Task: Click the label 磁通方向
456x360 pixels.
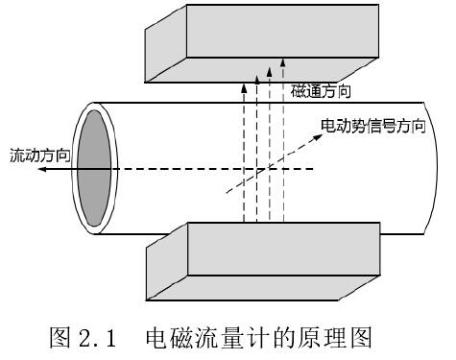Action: pos(321,92)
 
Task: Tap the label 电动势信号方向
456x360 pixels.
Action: pos(373,126)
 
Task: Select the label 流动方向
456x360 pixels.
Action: pos(40,156)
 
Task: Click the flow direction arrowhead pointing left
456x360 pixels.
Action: pos(42,169)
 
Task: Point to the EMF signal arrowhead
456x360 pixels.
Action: pos(318,137)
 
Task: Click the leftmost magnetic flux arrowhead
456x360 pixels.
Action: pos(244,87)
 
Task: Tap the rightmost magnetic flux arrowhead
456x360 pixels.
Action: pos(282,62)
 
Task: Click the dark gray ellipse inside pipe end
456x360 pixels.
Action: pos(94,168)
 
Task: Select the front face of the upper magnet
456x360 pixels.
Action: pos(283,31)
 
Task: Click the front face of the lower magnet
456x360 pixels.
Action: pos(284,249)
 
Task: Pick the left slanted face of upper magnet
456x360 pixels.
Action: pos(166,43)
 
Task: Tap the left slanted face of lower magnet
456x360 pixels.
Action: pos(167,261)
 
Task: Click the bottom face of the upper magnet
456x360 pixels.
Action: pos(262,70)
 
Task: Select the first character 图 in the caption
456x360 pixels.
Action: pos(60,338)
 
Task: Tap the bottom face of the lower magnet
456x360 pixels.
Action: pos(263,288)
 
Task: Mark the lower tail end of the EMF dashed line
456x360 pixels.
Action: pos(227,193)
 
